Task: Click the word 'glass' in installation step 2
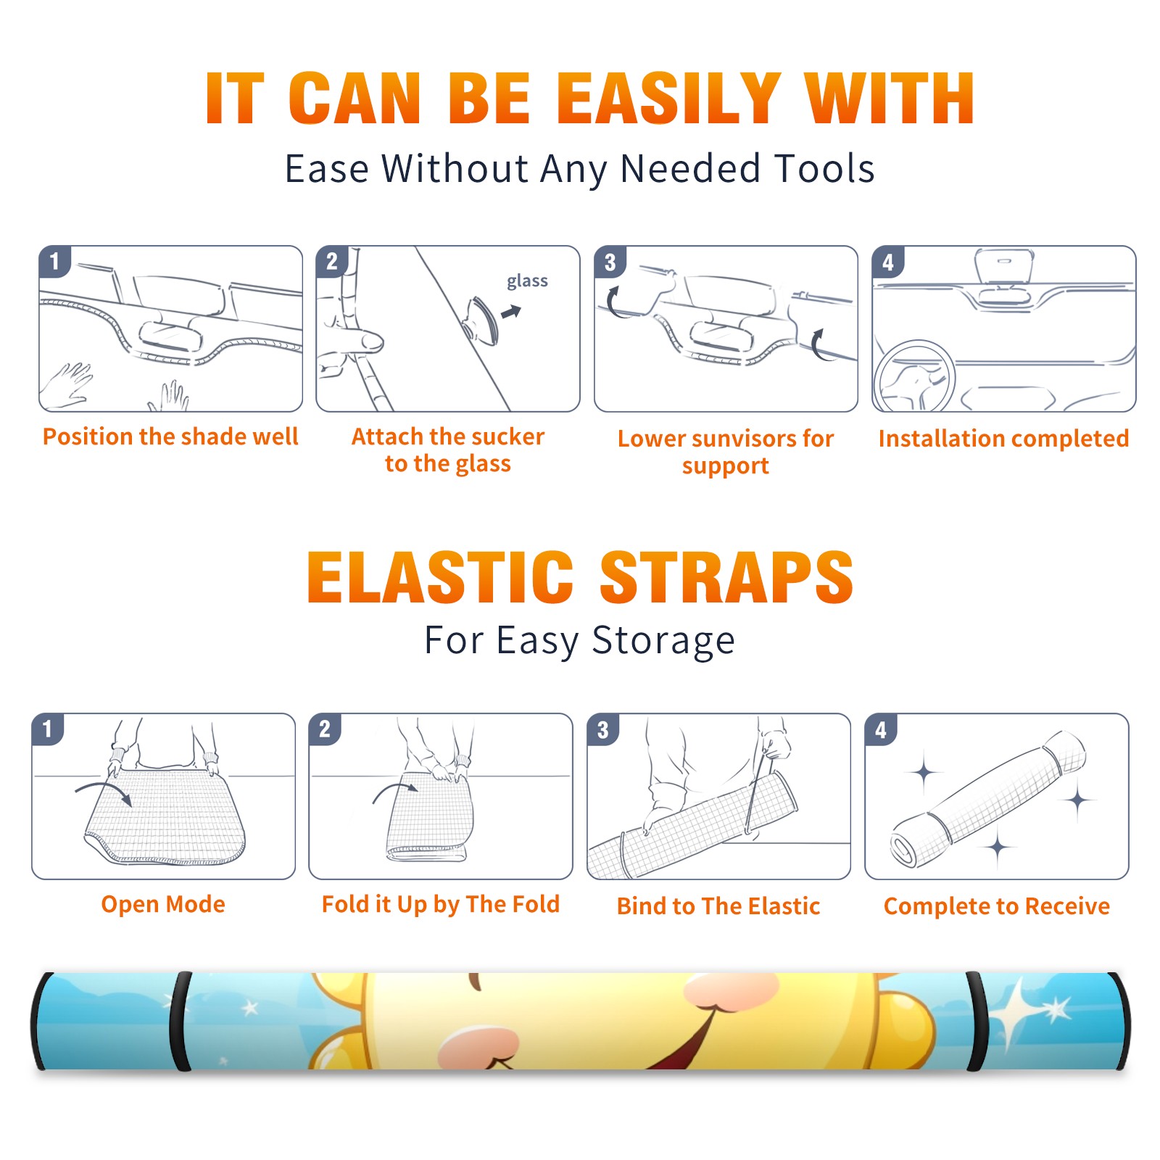[x=527, y=281]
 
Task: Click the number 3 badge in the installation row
[x=610, y=262]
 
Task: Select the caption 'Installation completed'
[x=1003, y=439]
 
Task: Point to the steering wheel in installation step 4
[x=913, y=375]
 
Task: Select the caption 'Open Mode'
[x=163, y=904]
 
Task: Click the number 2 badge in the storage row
[x=325, y=729]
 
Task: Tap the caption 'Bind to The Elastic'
[x=718, y=906]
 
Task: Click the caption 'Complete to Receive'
[x=997, y=906]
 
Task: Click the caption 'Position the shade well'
[x=170, y=436]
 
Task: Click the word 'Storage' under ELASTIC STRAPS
[x=663, y=641]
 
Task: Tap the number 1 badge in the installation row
[x=54, y=261]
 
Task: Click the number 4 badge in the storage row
[x=881, y=729]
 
